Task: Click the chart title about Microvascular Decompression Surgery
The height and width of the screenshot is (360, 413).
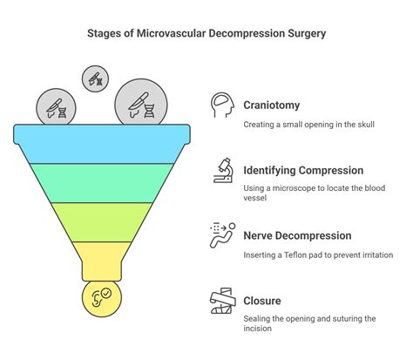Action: pos(206,36)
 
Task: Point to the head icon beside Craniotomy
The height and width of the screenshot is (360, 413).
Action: pos(222,105)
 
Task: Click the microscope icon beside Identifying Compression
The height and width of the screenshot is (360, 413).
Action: pos(222,169)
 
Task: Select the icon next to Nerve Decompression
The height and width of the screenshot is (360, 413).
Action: pos(222,235)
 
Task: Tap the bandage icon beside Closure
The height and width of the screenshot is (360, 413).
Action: pos(222,302)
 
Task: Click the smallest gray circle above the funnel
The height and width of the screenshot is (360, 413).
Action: pos(96,78)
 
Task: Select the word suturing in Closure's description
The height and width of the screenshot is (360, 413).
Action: pos(349,319)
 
